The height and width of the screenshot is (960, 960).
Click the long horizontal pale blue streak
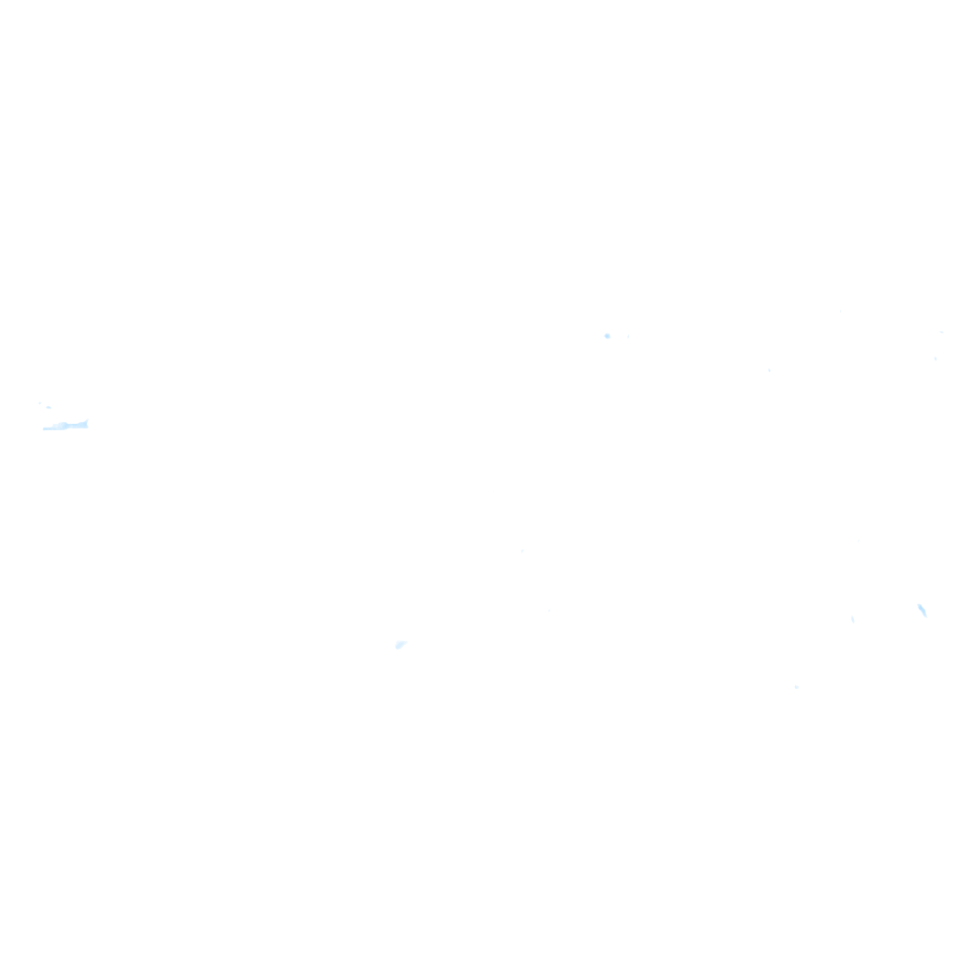[66, 426]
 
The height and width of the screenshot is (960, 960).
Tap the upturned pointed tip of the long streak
[86, 422]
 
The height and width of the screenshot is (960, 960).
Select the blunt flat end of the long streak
[45, 428]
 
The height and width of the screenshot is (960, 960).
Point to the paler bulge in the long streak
[63, 425]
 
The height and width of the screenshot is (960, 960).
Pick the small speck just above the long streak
[49, 407]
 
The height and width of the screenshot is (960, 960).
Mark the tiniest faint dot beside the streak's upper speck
[40, 403]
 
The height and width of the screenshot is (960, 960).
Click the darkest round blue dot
[607, 336]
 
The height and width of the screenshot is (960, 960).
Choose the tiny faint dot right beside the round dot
[627, 336]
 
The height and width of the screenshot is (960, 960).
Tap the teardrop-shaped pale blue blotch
[400, 645]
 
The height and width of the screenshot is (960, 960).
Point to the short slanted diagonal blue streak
[922, 609]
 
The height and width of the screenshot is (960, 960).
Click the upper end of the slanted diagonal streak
[918, 605]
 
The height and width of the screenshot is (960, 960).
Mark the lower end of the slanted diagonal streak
[925, 615]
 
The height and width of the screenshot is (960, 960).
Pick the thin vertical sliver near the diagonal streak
[852, 619]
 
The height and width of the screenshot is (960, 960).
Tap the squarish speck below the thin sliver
[796, 687]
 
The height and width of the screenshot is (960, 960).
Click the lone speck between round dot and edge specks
[769, 369]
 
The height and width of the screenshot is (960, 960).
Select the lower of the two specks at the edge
[935, 358]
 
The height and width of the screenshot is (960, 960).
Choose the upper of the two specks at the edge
[940, 332]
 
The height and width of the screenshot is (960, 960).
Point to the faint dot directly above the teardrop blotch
[522, 551]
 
